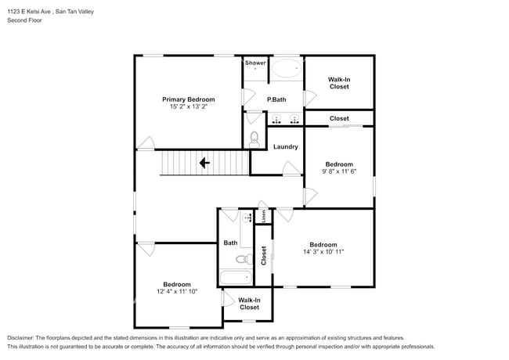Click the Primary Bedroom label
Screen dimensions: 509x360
188,99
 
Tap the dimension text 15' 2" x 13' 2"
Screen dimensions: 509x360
188,106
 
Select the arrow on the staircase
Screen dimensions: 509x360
204,163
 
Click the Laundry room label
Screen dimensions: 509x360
285,147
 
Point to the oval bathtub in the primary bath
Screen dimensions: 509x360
287,68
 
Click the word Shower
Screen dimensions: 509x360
255,63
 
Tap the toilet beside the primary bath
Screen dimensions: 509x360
254,139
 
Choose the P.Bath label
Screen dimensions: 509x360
276,99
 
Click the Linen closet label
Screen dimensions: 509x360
264,216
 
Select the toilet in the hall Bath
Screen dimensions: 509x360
244,259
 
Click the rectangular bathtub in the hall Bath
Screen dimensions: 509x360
236,277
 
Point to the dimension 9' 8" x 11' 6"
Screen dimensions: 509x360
339,171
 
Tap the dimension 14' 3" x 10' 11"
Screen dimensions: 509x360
323,252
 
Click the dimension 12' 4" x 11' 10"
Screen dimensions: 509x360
177,291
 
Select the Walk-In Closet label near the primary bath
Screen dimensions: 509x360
339,83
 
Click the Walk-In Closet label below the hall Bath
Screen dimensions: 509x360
249,304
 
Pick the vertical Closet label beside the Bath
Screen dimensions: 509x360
264,256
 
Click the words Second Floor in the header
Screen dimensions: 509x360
24,20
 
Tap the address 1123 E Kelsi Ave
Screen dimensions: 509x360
29,12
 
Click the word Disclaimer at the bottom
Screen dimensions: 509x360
20,338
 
